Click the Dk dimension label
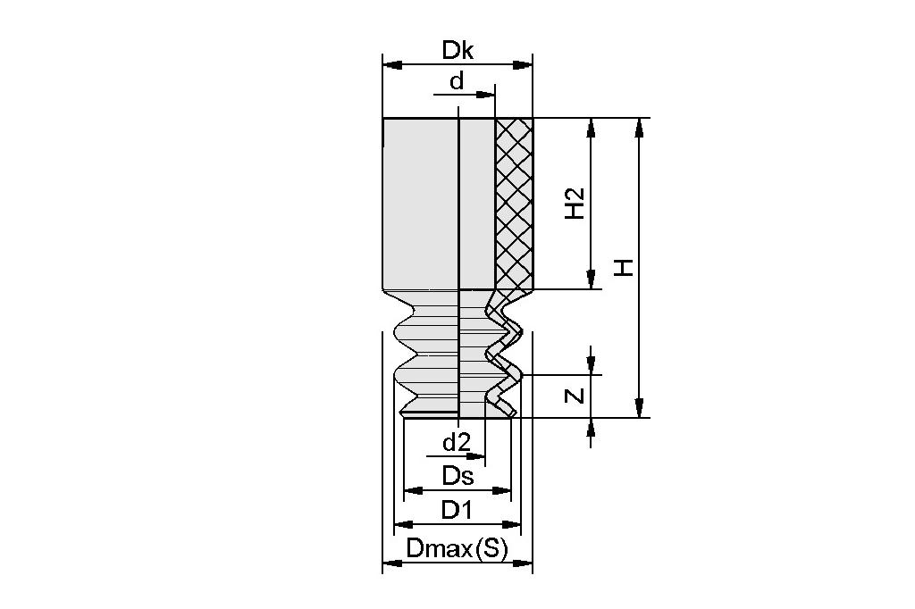(x=457, y=51)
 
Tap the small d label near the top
(x=457, y=82)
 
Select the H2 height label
(x=575, y=204)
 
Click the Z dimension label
(x=576, y=396)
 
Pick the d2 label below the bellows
(x=457, y=442)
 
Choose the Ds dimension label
(x=457, y=476)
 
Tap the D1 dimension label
(x=457, y=510)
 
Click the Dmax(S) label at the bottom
(x=457, y=549)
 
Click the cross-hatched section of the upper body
(x=514, y=204)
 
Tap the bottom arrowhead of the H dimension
(x=639, y=409)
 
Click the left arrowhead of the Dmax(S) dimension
(x=390, y=563)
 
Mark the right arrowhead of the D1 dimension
(x=514, y=524)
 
